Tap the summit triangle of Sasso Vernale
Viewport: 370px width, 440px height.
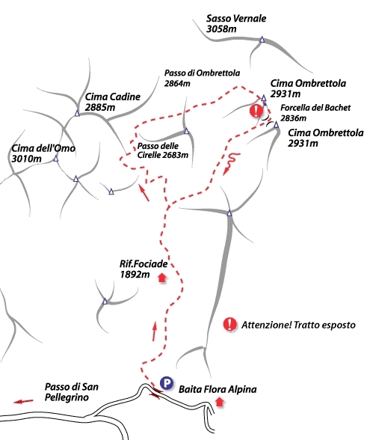pyautogui.click(x=262, y=40)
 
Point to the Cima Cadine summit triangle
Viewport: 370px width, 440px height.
pyautogui.click(x=77, y=114)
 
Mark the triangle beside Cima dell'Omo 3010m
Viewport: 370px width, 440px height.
pyautogui.click(x=56, y=159)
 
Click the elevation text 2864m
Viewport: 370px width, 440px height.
pyautogui.click(x=177, y=83)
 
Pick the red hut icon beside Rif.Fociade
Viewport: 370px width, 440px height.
pyautogui.click(x=162, y=278)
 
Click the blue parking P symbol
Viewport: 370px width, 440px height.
pyautogui.click(x=167, y=383)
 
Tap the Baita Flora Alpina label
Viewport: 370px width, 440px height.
pyautogui.click(x=218, y=389)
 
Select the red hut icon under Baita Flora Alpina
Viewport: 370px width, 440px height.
pyautogui.click(x=220, y=402)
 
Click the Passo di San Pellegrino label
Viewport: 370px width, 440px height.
pyautogui.click(x=72, y=392)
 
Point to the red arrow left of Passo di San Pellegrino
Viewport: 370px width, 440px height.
pyautogui.click(x=24, y=402)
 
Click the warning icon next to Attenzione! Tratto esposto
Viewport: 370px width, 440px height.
pyautogui.click(x=230, y=325)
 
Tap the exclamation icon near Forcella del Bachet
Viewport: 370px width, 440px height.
pyautogui.click(x=256, y=111)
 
